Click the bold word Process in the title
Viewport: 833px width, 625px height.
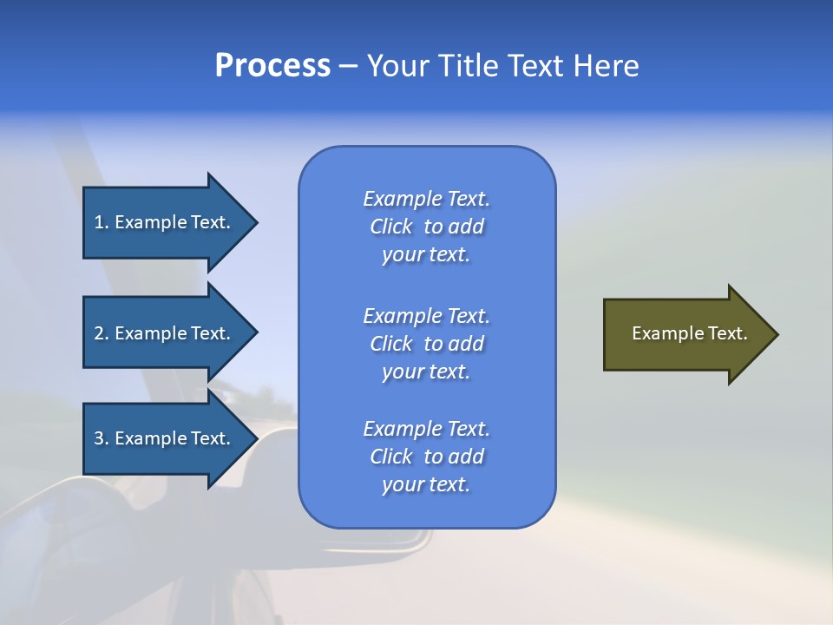[272, 66]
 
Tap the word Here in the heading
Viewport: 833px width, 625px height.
[605, 66]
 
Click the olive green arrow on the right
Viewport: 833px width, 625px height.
[685, 334]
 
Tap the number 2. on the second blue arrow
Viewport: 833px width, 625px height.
[102, 333]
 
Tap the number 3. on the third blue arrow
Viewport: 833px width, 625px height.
[102, 438]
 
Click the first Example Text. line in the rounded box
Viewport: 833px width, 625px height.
[426, 199]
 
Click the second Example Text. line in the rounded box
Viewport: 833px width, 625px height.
[426, 315]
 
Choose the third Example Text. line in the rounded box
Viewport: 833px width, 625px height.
[426, 429]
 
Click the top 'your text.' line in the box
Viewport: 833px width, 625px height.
[426, 255]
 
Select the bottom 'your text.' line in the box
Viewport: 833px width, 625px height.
[426, 485]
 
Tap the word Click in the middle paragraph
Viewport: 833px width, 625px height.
[391, 344]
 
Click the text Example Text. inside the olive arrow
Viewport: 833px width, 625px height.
[689, 333]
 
